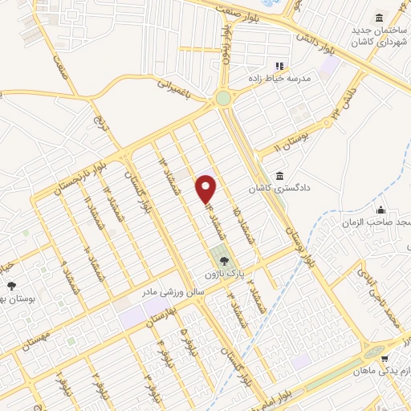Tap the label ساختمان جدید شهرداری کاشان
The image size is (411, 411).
click(x=378, y=36)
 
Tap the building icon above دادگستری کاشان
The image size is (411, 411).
click(x=279, y=176)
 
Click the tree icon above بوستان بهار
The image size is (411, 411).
click(x=11, y=286)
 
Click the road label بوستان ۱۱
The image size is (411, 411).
click(x=291, y=141)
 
